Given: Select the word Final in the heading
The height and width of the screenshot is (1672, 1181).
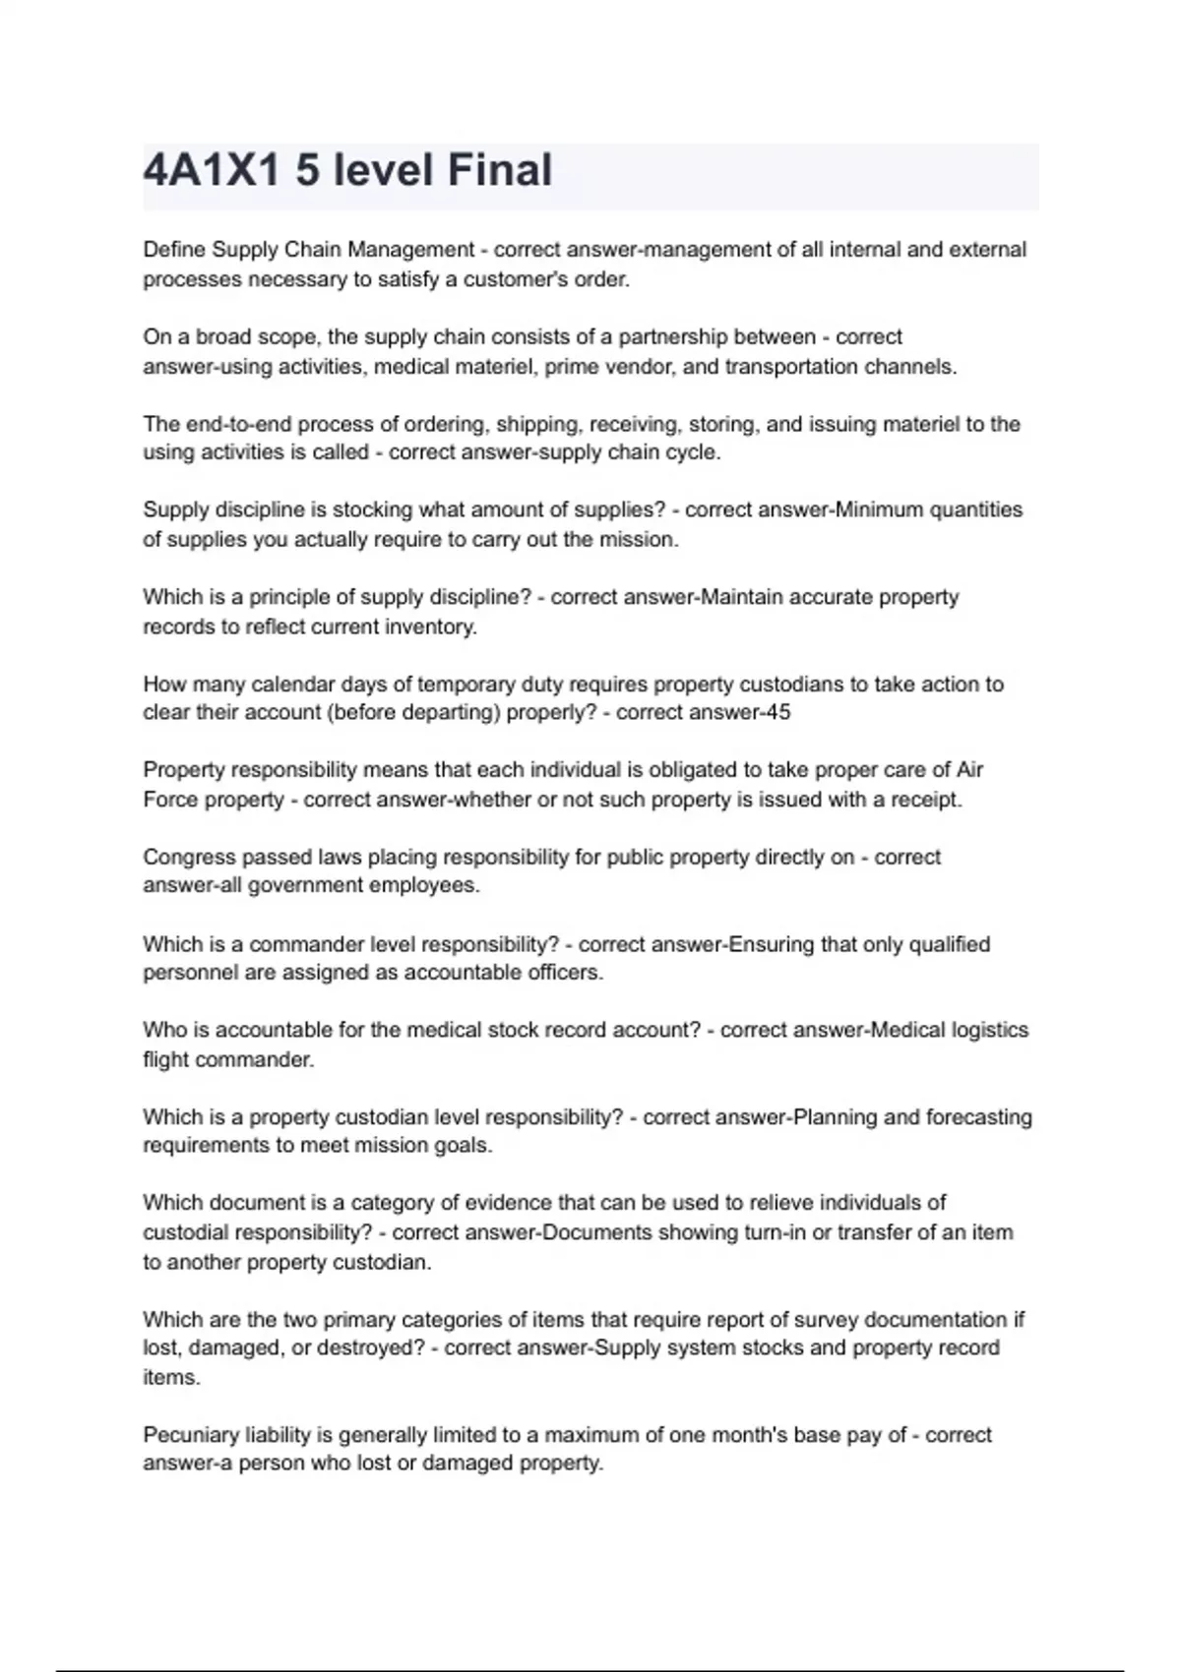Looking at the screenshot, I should pyautogui.click(x=500, y=170).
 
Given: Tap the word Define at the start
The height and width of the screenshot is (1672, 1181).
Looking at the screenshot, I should pyautogui.click(x=174, y=250).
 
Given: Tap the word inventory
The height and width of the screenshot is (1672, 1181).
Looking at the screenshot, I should pyautogui.click(x=429, y=627).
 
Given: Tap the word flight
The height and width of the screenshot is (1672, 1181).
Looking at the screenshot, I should pyautogui.click(x=166, y=1059).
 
